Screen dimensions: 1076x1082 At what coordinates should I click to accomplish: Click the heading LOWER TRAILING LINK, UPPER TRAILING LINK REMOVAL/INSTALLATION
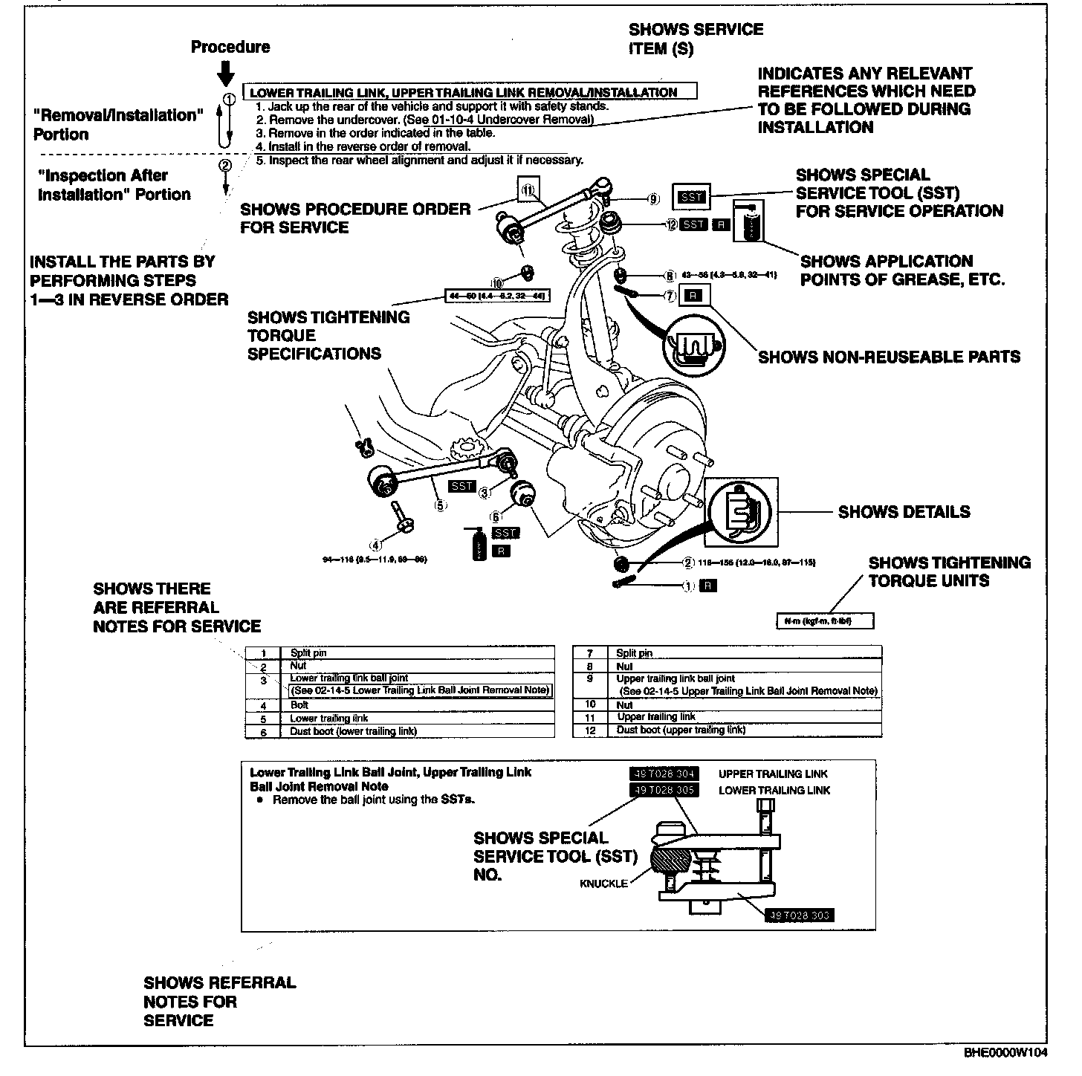coord(464,93)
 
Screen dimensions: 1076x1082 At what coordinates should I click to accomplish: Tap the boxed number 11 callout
coord(528,190)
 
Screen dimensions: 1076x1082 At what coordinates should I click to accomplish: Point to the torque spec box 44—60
coord(496,296)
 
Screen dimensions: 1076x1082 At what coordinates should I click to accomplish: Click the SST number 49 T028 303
coord(798,915)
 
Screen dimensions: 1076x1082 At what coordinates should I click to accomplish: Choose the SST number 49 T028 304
coord(664,774)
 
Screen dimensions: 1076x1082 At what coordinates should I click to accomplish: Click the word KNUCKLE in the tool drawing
coord(603,884)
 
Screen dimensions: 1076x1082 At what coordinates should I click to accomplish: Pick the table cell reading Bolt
coord(299,704)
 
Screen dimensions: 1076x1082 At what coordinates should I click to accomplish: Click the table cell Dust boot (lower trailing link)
coord(353,731)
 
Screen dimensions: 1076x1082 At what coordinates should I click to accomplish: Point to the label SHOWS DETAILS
coord(904,512)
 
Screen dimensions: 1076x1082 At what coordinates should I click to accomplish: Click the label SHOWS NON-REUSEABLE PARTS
coord(889,357)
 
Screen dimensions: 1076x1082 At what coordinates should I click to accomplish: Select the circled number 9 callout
coord(653,198)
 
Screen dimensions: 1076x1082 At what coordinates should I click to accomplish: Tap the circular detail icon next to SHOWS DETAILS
coord(740,512)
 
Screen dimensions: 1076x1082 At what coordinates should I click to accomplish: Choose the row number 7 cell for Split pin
coord(589,653)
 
